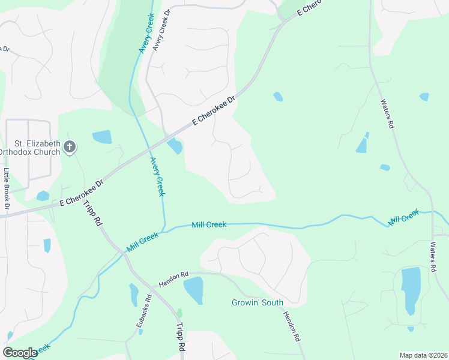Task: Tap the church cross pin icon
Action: [70, 146]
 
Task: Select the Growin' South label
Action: [258, 302]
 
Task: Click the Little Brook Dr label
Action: [7, 187]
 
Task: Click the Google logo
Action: [20, 353]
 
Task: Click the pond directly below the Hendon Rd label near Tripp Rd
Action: [193, 290]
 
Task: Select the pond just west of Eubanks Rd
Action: [133, 294]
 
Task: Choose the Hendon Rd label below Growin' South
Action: [291, 326]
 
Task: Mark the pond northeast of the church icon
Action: [102, 137]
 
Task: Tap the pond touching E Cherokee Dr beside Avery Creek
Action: [175, 146]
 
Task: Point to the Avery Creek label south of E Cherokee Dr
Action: [157, 176]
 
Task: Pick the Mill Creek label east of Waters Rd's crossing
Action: [403, 217]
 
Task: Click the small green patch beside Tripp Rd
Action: [179, 313]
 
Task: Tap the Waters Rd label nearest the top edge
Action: [387, 113]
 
